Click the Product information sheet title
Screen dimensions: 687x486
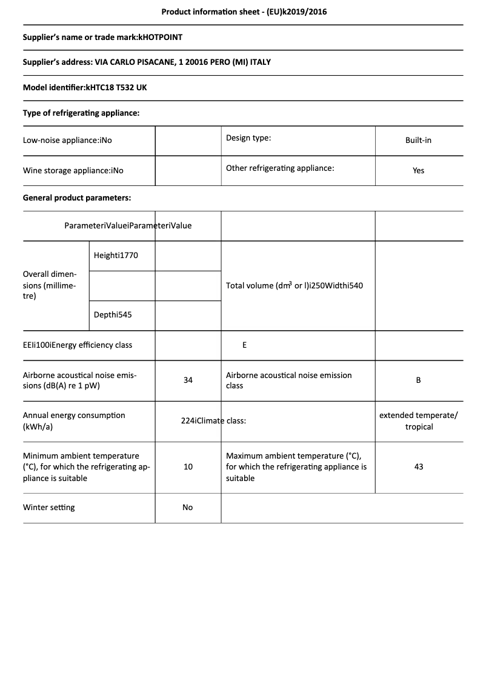pyautogui.click(x=244, y=12)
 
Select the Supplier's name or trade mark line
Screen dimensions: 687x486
pyautogui.click(x=102, y=37)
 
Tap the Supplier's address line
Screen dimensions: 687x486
pyautogui.click(x=147, y=62)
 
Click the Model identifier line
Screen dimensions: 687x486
pyautogui.click(x=85, y=88)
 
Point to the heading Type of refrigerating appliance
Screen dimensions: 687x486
pyautogui.click(x=81, y=113)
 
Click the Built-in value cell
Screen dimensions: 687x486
pyautogui.click(x=418, y=140)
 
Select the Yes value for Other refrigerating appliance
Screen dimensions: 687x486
pyautogui.click(x=418, y=171)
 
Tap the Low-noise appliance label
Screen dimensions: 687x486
pyautogui.click(x=67, y=140)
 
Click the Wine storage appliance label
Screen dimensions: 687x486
pyautogui.click(x=73, y=171)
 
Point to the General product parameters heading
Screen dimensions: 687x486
pyautogui.click(x=77, y=198)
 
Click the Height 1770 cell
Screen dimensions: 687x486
pyautogui.click(x=116, y=256)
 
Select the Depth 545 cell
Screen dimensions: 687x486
pyautogui.click(x=113, y=315)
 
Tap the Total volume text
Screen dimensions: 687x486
pyautogui.click(x=294, y=285)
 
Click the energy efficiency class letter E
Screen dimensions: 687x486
pyautogui.click(x=244, y=345)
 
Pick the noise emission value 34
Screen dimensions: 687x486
pyautogui.click(x=188, y=380)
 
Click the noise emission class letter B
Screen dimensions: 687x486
pyautogui.click(x=418, y=380)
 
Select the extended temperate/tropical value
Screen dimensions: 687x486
pyautogui.click(x=419, y=421)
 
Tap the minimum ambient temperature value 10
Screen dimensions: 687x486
pyautogui.click(x=188, y=467)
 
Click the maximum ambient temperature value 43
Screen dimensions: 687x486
pyautogui.click(x=418, y=467)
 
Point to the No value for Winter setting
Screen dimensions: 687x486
pyautogui.click(x=188, y=508)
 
